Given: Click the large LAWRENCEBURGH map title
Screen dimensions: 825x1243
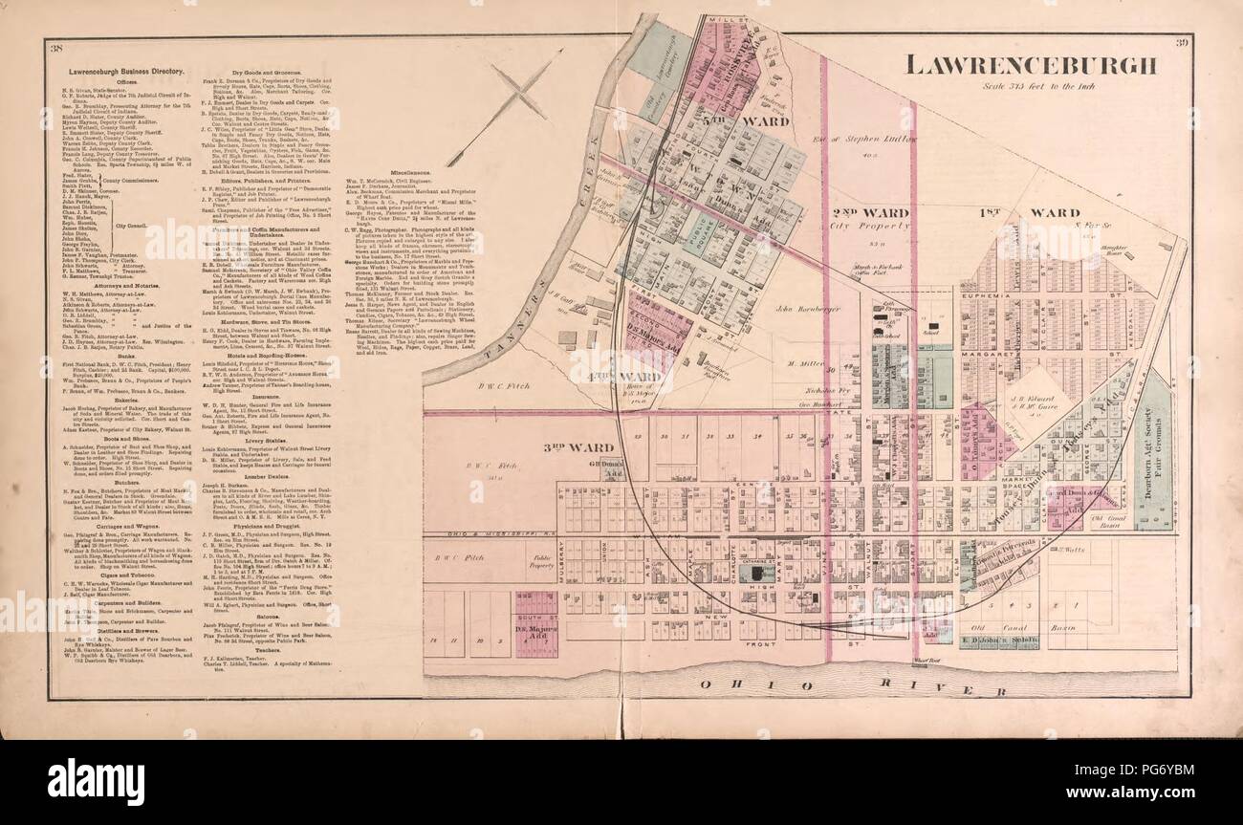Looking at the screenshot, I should point(1031,65).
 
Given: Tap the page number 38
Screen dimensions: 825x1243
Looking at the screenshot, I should point(56,49).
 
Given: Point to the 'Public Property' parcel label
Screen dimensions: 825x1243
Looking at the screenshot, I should point(541,552).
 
